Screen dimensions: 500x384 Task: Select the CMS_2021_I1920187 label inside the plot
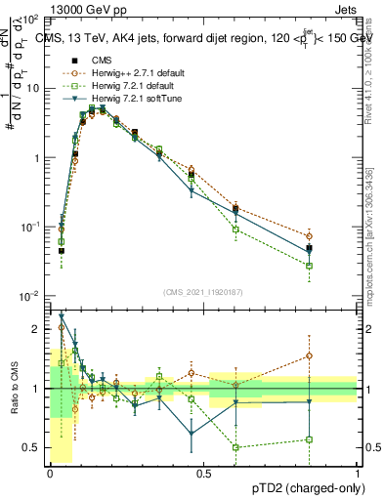[x=203, y=292]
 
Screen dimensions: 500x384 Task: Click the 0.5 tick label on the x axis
[x=203, y=474]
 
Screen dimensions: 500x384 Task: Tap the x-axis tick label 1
[x=358, y=474]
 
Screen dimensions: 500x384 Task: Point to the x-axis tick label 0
[x=50, y=474]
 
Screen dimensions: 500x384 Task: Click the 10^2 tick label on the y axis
[x=31, y=20]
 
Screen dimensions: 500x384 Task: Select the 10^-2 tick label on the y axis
[x=31, y=296]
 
